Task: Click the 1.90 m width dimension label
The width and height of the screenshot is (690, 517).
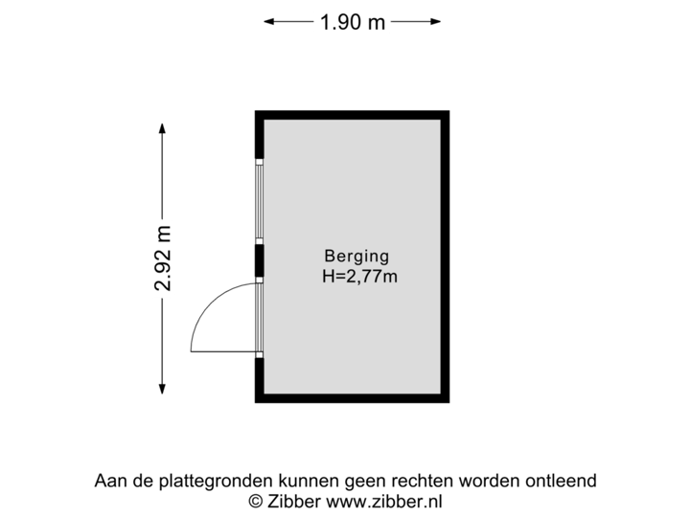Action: tap(353, 22)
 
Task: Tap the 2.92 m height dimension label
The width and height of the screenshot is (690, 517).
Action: tap(163, 258)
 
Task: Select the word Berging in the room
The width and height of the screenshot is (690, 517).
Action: tap(356, 256)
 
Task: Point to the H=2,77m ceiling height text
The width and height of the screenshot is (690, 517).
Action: tap(360, 278)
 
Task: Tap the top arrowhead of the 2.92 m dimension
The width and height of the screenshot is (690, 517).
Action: tap(163, 127)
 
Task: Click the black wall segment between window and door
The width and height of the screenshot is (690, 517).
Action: tap(258, 260)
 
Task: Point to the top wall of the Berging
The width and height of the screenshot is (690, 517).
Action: tap(352, 114)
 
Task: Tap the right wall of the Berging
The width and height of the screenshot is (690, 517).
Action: tap(446, 257)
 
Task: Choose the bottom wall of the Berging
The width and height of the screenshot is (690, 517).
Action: tap(352, 398)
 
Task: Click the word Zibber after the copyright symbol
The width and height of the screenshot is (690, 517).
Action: tap(292, 501)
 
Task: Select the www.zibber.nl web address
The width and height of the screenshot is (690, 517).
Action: tap(384, 501)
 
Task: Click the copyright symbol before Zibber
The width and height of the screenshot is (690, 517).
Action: tap(256, 501)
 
